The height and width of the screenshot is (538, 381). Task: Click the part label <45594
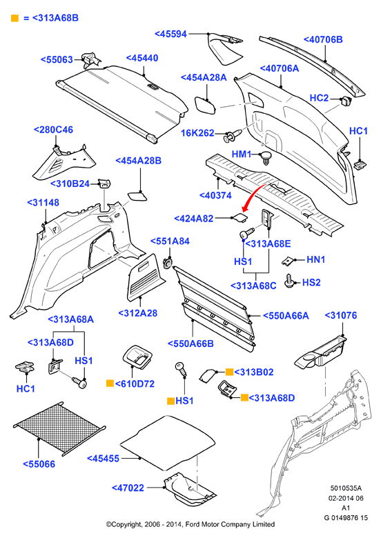coord(170,34)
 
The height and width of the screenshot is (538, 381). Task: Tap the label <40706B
coord(323,39)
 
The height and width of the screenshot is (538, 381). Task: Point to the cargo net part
coord(59,428)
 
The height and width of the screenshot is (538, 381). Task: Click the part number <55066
coord(39,464)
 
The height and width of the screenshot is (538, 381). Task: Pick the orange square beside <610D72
coord(110,383)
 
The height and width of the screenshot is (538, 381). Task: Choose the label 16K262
coord(197,133)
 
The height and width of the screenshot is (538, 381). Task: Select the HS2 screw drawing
coord(290,280)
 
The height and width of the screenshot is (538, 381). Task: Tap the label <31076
coord(340,315)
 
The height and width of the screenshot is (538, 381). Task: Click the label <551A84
coord(170,241)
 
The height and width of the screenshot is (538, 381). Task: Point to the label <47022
coord(128,488)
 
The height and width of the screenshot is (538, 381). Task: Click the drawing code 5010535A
coord(346,488)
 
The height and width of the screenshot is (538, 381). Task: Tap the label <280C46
coord(53,130)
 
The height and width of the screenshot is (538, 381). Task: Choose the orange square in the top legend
coord(14,18)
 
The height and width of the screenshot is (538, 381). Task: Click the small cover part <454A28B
coord(137,196)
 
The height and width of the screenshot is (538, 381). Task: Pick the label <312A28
coord(137,313)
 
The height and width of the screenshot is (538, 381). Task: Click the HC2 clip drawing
coord(345,101)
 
